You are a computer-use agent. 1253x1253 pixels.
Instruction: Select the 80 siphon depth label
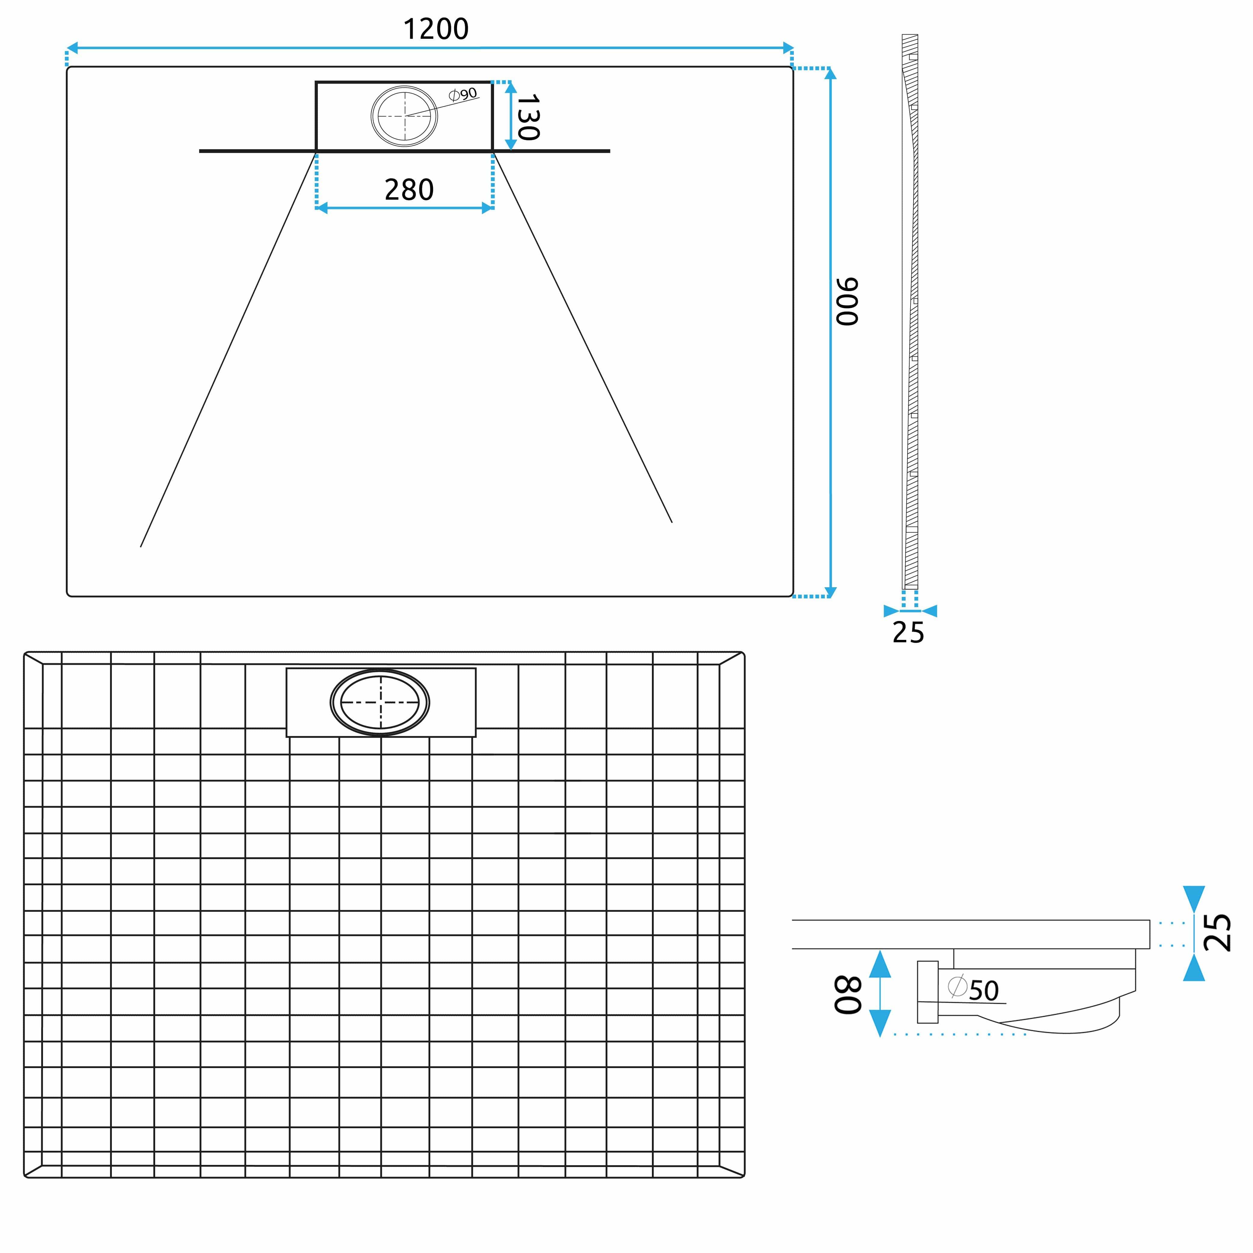tap(848, 995)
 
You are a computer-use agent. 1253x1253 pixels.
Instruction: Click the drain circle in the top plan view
tap(404, 116)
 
